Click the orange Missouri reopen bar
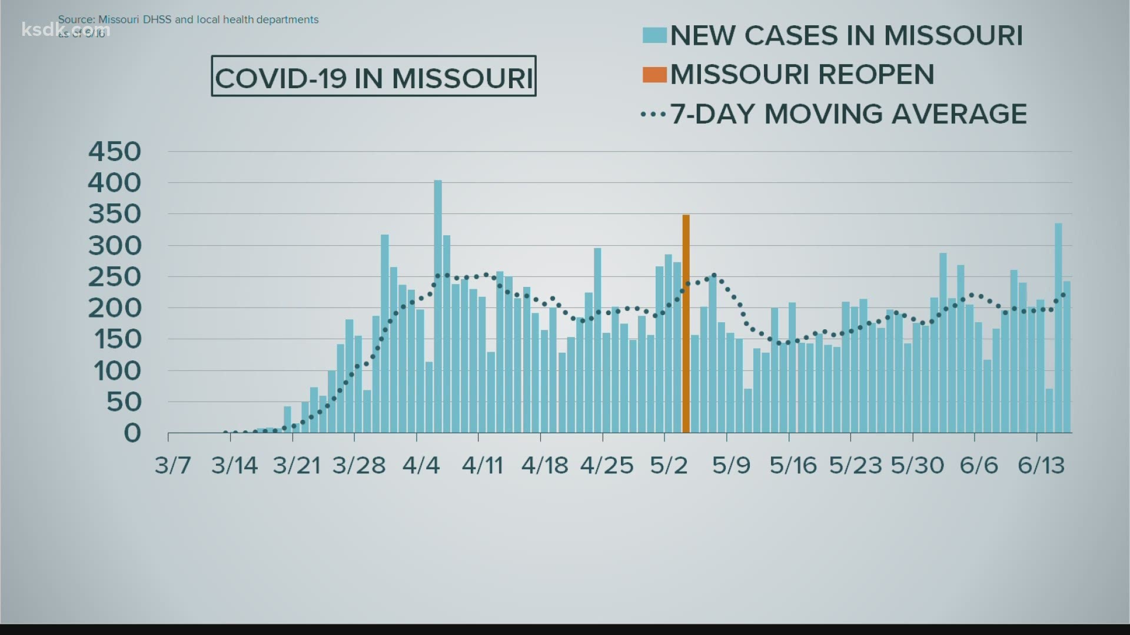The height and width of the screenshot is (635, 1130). (686, 323)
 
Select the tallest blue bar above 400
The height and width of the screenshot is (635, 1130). (438, 306)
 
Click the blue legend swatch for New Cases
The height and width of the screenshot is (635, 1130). (654, 35)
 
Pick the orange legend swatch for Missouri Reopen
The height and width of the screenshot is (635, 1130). (654, 75)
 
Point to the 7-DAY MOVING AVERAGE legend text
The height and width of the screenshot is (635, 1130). (847, 113)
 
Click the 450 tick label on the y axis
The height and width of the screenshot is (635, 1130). (115, 152)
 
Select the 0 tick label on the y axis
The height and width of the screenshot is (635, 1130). (132, 433)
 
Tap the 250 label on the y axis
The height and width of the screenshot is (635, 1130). (115, 277)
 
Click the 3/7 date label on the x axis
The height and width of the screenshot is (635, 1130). (173, 465)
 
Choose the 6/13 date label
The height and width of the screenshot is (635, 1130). (1041, 465)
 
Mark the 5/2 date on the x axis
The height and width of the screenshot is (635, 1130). (669, 465)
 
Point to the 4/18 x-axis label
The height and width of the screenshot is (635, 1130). (544, 465)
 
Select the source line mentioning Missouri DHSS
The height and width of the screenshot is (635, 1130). (188, 19)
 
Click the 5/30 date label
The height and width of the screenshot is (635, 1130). (917, 465)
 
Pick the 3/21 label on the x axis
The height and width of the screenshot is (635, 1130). (297, 465)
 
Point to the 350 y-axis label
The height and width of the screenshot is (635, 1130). (115, 214)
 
